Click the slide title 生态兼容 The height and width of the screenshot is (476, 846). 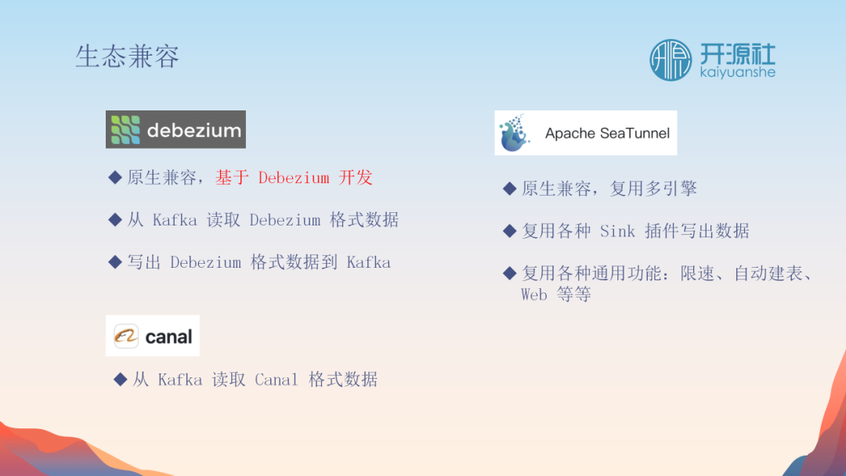(128, 56)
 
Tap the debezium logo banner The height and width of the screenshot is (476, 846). (176, 129)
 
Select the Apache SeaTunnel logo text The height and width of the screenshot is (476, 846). (607, 133)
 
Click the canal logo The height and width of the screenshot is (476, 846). (153, 335)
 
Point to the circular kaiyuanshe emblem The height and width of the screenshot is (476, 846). (670, 59)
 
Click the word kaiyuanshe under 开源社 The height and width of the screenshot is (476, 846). (738, 72)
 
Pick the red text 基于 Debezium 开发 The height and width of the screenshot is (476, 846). (294, 178)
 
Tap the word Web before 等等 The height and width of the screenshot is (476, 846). (533, 294)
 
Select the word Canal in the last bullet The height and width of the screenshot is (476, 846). (277, 380)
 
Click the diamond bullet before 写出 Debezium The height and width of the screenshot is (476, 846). (115, 262)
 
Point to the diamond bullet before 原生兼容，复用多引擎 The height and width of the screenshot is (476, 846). (509, 189)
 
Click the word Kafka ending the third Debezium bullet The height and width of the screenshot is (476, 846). (368, 262)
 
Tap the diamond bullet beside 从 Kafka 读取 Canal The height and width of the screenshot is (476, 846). (121, 380)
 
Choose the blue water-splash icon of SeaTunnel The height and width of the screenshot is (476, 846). (514, 132)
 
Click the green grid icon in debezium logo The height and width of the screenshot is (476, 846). (125, 130)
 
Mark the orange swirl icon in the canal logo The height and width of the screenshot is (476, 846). (126, 337)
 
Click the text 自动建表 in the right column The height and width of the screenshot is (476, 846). (768, 273)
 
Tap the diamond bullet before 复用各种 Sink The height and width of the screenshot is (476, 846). (509, 231)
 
